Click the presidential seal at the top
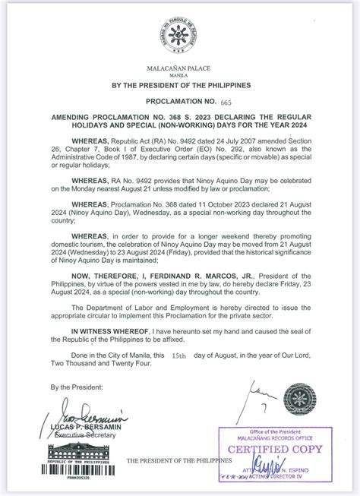(x=179, y=33)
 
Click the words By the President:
(x=75, y=387)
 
